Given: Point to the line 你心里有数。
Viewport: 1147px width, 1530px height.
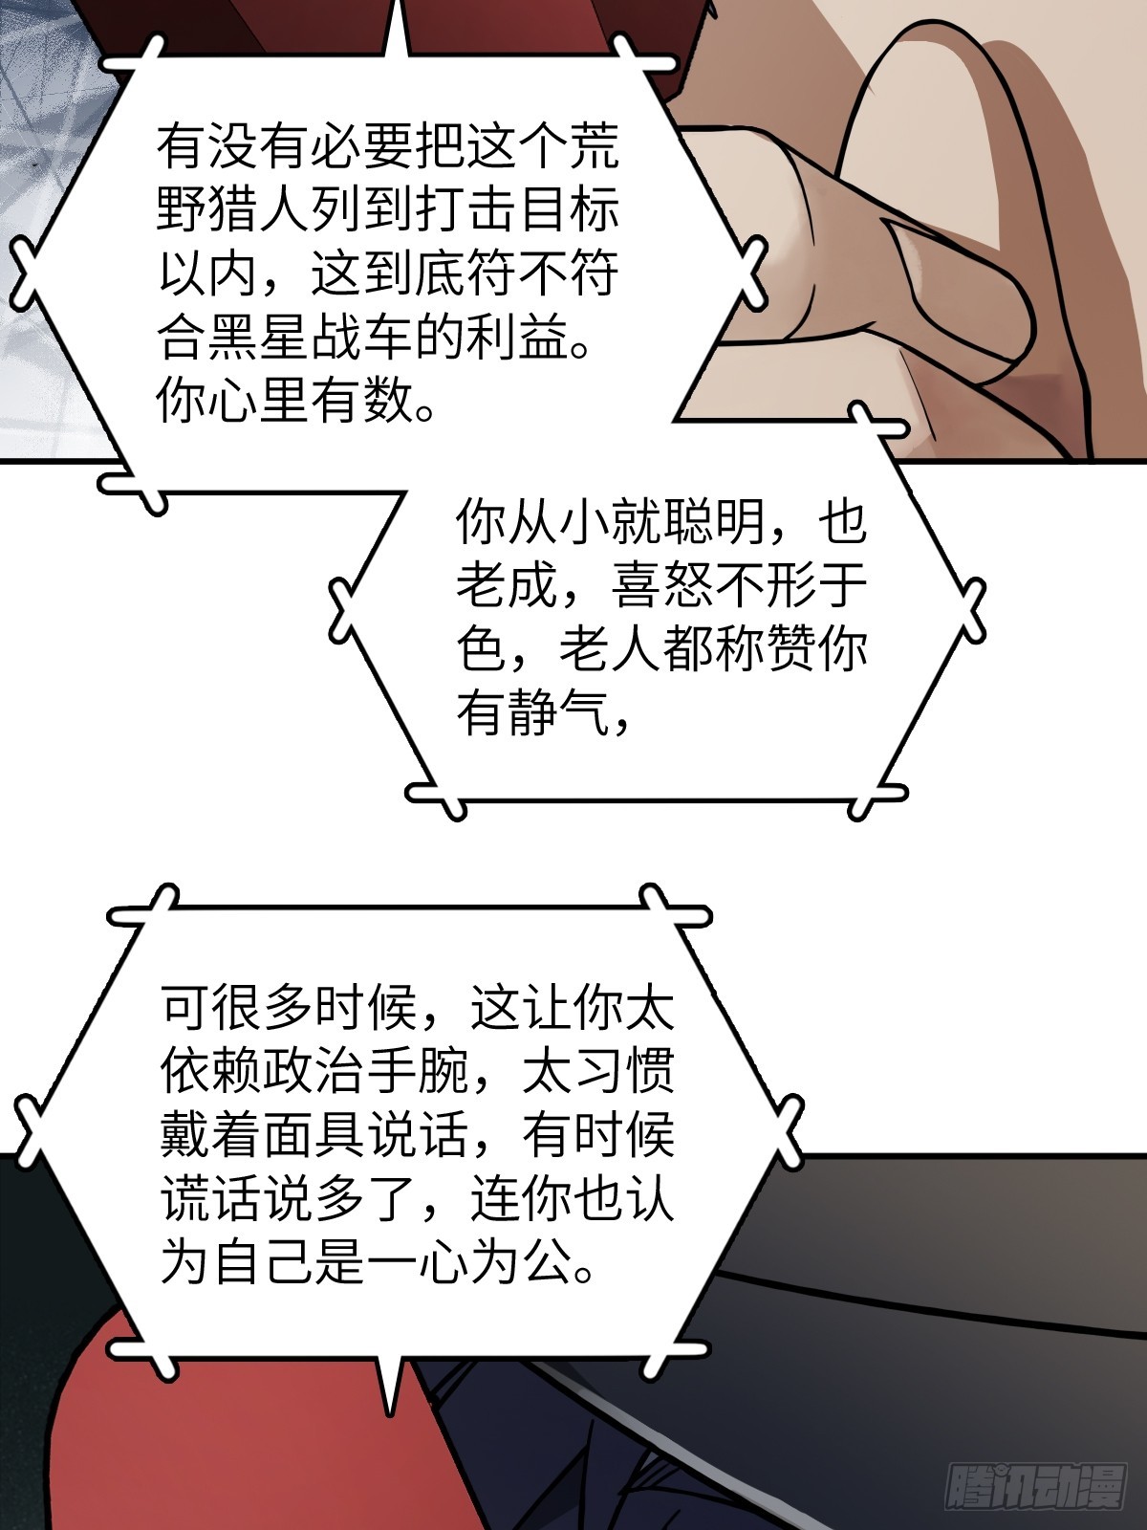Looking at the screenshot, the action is pos(297,404).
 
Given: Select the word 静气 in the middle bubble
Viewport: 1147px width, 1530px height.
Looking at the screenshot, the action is pos(557,713).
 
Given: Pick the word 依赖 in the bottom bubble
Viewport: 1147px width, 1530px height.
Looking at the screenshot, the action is pos(212,1073).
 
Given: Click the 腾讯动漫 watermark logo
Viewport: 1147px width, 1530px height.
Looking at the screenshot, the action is pos(1037,1494).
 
